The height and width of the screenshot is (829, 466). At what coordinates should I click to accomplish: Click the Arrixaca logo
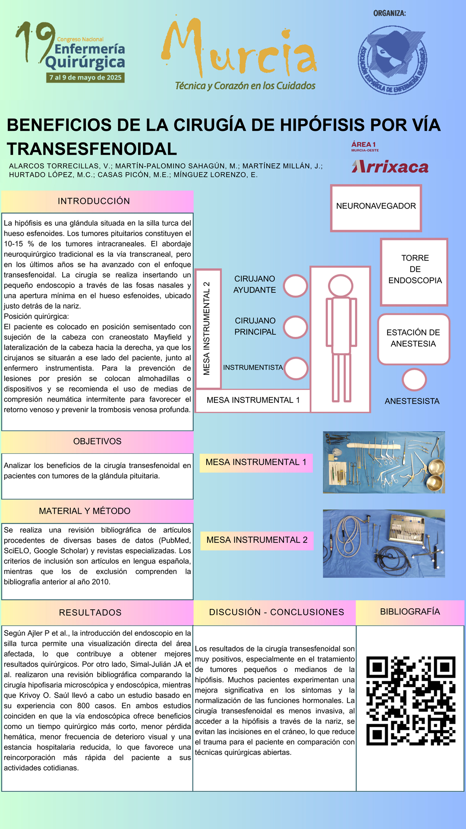coord(390,167)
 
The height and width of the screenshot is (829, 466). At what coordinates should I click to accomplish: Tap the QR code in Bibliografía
coord(411,701)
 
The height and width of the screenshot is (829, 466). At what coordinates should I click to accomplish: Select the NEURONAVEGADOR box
coord(376,208)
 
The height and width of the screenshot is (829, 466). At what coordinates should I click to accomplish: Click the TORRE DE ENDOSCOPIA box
coord(414,272)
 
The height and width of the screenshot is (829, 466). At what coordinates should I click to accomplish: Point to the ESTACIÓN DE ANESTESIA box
coord(413,339)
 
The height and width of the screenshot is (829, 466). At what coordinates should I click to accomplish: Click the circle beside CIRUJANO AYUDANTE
coord(296,286)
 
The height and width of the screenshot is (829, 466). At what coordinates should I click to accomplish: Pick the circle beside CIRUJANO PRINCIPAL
coord(296,327)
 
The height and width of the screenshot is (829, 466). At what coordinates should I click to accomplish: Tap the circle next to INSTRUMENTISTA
coord(296,368)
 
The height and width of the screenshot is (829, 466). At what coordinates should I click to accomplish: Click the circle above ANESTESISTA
coord(414,380)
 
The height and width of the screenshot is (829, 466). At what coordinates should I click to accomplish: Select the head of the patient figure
coord(340,286)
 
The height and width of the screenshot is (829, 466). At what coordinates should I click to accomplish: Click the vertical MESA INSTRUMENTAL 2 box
coord(208,329)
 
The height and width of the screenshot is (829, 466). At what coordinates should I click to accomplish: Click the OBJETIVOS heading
coord(97,442)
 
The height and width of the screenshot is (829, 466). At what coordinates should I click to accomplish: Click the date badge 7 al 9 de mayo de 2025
coord(85,78)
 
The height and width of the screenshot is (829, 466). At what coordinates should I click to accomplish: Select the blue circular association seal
coord(392,60)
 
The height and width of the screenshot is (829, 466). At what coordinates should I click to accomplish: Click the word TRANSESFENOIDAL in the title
coord(92,149)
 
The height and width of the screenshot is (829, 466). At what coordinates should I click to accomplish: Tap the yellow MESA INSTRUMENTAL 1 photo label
coord(256,462)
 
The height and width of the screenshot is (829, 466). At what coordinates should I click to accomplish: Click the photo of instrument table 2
coord(384,544)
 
